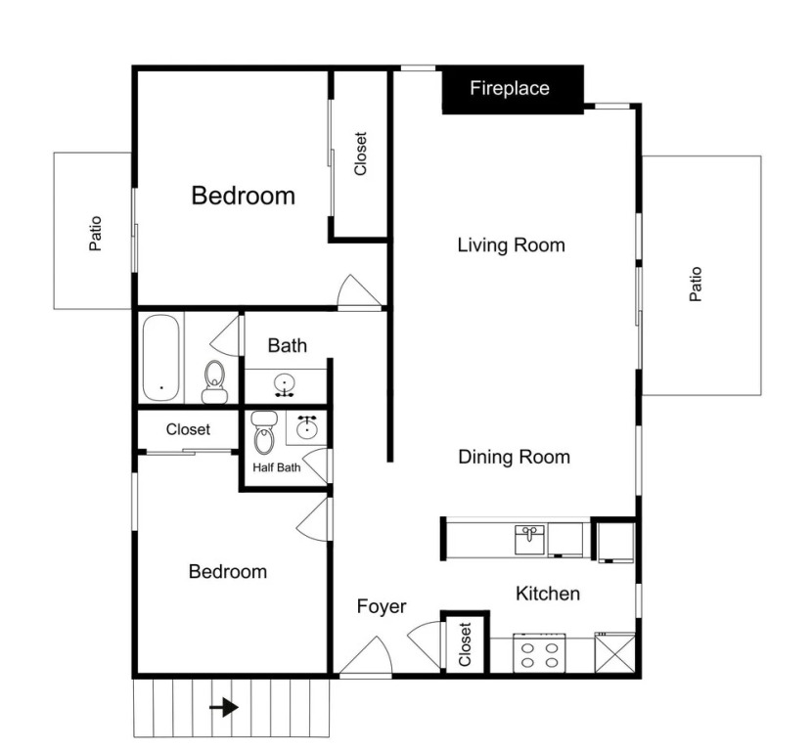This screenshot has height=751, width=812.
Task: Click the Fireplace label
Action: (x=510, y=89)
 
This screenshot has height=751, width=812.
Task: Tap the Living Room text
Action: (x=511, y=245)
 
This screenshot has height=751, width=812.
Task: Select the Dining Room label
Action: (x=515, y=457)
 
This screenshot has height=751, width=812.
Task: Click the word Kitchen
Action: (x=548, y=594)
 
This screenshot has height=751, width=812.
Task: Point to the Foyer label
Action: (x=382, y=606)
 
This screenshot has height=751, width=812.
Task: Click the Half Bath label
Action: (x=277, y=467)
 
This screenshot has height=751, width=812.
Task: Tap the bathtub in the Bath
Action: (x=161, y=358)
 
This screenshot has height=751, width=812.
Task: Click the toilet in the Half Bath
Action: (x=264, y=432)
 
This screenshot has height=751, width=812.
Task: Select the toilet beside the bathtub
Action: (x=214, y=382)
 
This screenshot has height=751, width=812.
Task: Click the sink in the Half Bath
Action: (x=307, y=428)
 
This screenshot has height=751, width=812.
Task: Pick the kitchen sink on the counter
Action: (x=530, y=540)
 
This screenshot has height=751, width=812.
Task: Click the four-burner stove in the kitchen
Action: (x=539, y=653)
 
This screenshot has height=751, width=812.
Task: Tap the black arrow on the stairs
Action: (x=224, y=707)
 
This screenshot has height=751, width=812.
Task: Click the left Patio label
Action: (x=95, y=234)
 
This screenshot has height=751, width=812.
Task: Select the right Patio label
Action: (x=696, y=285)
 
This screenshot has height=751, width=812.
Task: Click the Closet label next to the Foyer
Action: (x=465, y=644)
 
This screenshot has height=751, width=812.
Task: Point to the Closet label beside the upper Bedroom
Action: (x=360, y=154)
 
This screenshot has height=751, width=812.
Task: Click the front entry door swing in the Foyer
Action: (x=366, y=656)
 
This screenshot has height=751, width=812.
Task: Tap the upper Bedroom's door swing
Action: (x=359, y=291)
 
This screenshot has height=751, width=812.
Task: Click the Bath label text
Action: (x=288, y=346)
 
